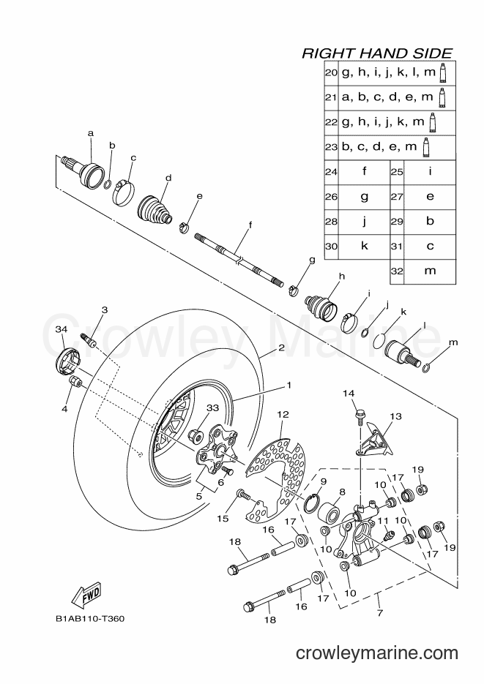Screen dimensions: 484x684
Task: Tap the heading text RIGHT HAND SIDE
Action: [378, 53]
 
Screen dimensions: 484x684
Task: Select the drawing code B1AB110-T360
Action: [90, 619]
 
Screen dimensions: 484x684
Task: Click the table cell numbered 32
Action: [397, 271]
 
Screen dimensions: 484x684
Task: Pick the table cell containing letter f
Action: [364, 172]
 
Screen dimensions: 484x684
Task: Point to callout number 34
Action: [62, 330]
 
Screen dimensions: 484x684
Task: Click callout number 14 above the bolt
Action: [349, 393]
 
